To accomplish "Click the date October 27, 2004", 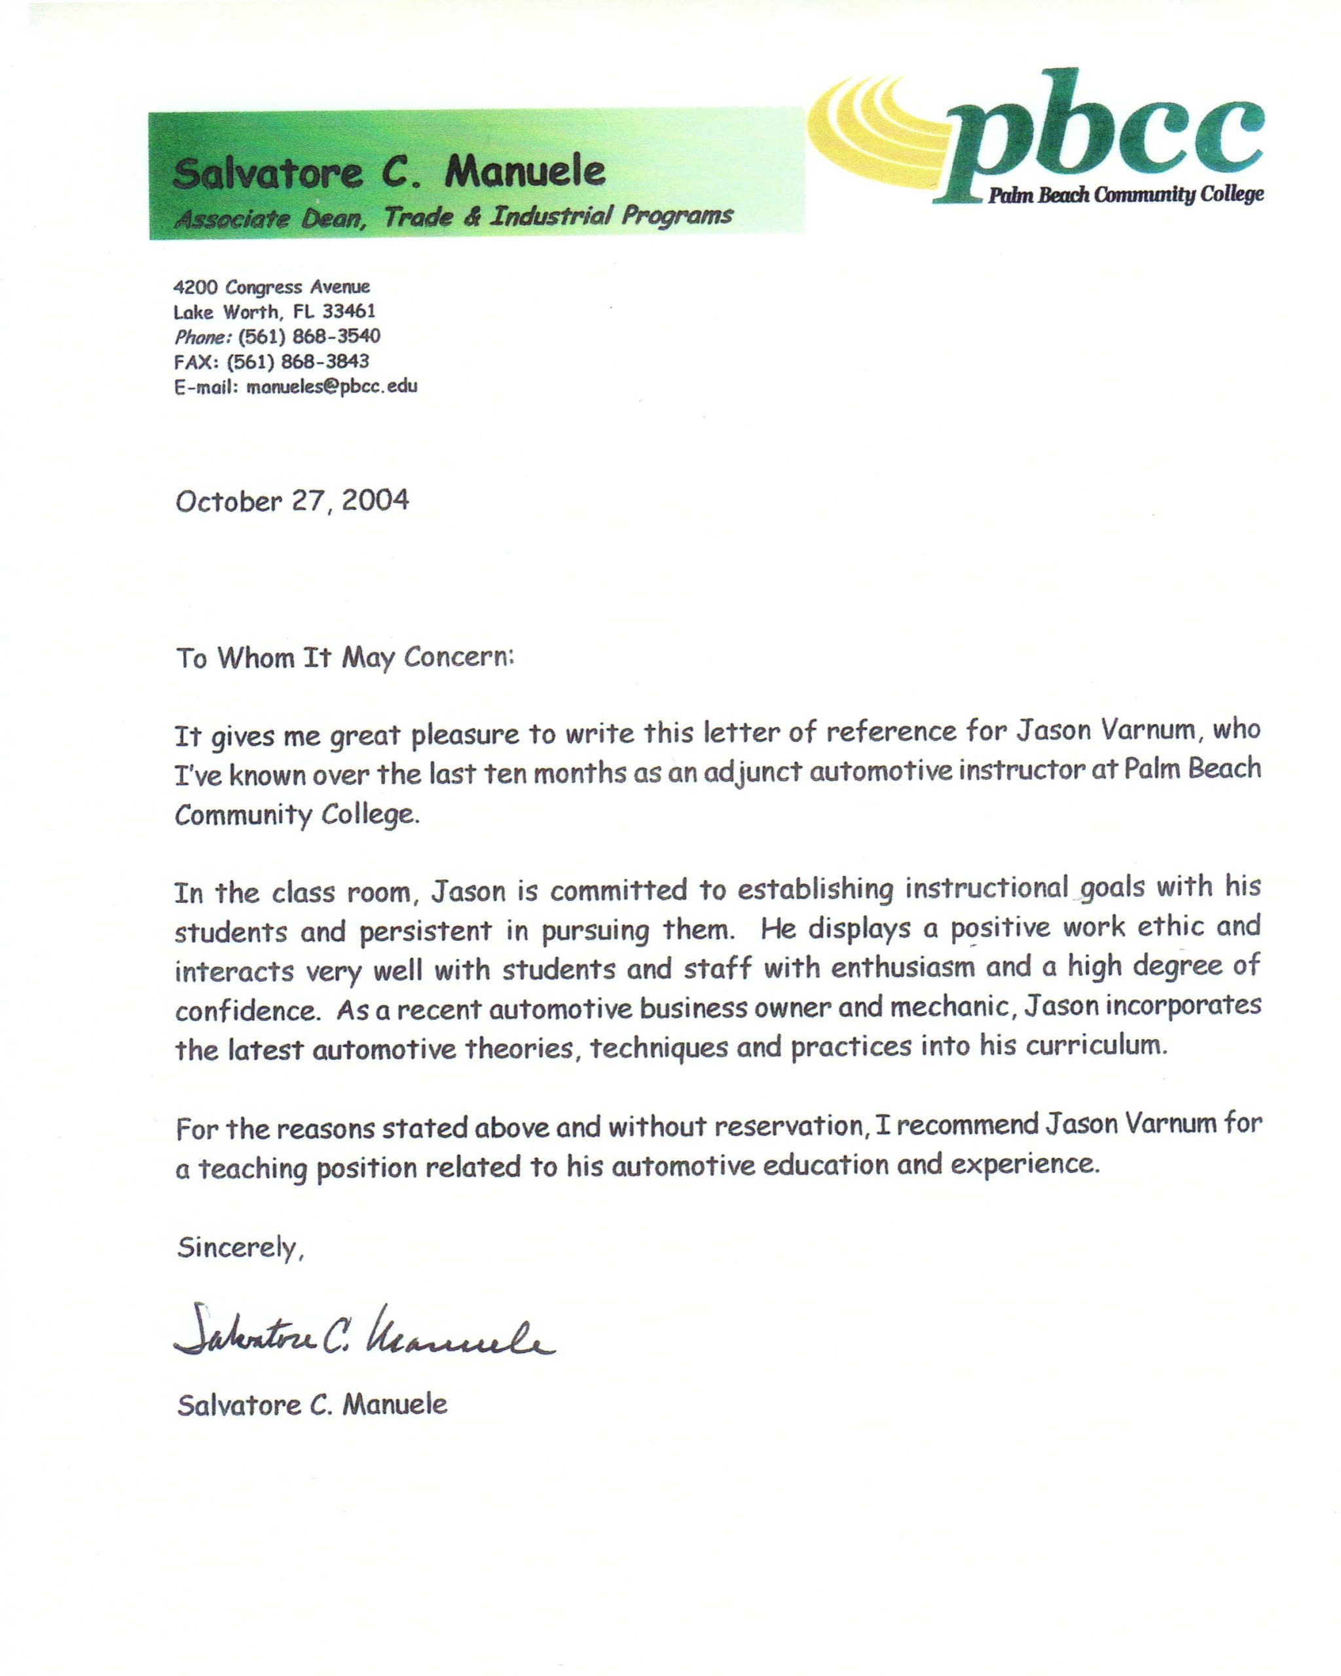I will [292, 501].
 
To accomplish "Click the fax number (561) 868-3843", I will [298, 361].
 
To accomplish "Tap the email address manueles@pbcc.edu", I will [332, 386].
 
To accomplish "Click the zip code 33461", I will [349, 312].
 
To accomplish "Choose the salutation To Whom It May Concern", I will [345, 659].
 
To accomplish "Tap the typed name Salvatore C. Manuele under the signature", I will [312, 1405].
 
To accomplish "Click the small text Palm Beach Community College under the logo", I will [1126, 195].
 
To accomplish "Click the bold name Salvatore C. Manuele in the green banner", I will [389, 173].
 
